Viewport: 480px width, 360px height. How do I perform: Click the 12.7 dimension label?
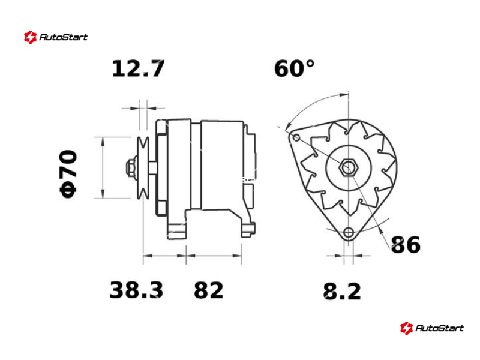[139, 68]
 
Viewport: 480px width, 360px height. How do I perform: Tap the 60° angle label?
[294, 68]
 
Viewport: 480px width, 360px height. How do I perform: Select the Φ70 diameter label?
[68, 174]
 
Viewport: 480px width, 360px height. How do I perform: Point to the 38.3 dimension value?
[136, 290]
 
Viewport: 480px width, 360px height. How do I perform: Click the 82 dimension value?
[208, 290]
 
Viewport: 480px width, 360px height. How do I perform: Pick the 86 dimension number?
[406, 245]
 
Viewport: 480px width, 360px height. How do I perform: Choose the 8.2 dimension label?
[342, 291]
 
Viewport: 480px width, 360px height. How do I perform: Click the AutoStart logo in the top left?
[56, 37]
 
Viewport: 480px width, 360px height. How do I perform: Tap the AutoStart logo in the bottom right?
[431, 328]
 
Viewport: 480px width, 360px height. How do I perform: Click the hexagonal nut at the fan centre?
[348, 168]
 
